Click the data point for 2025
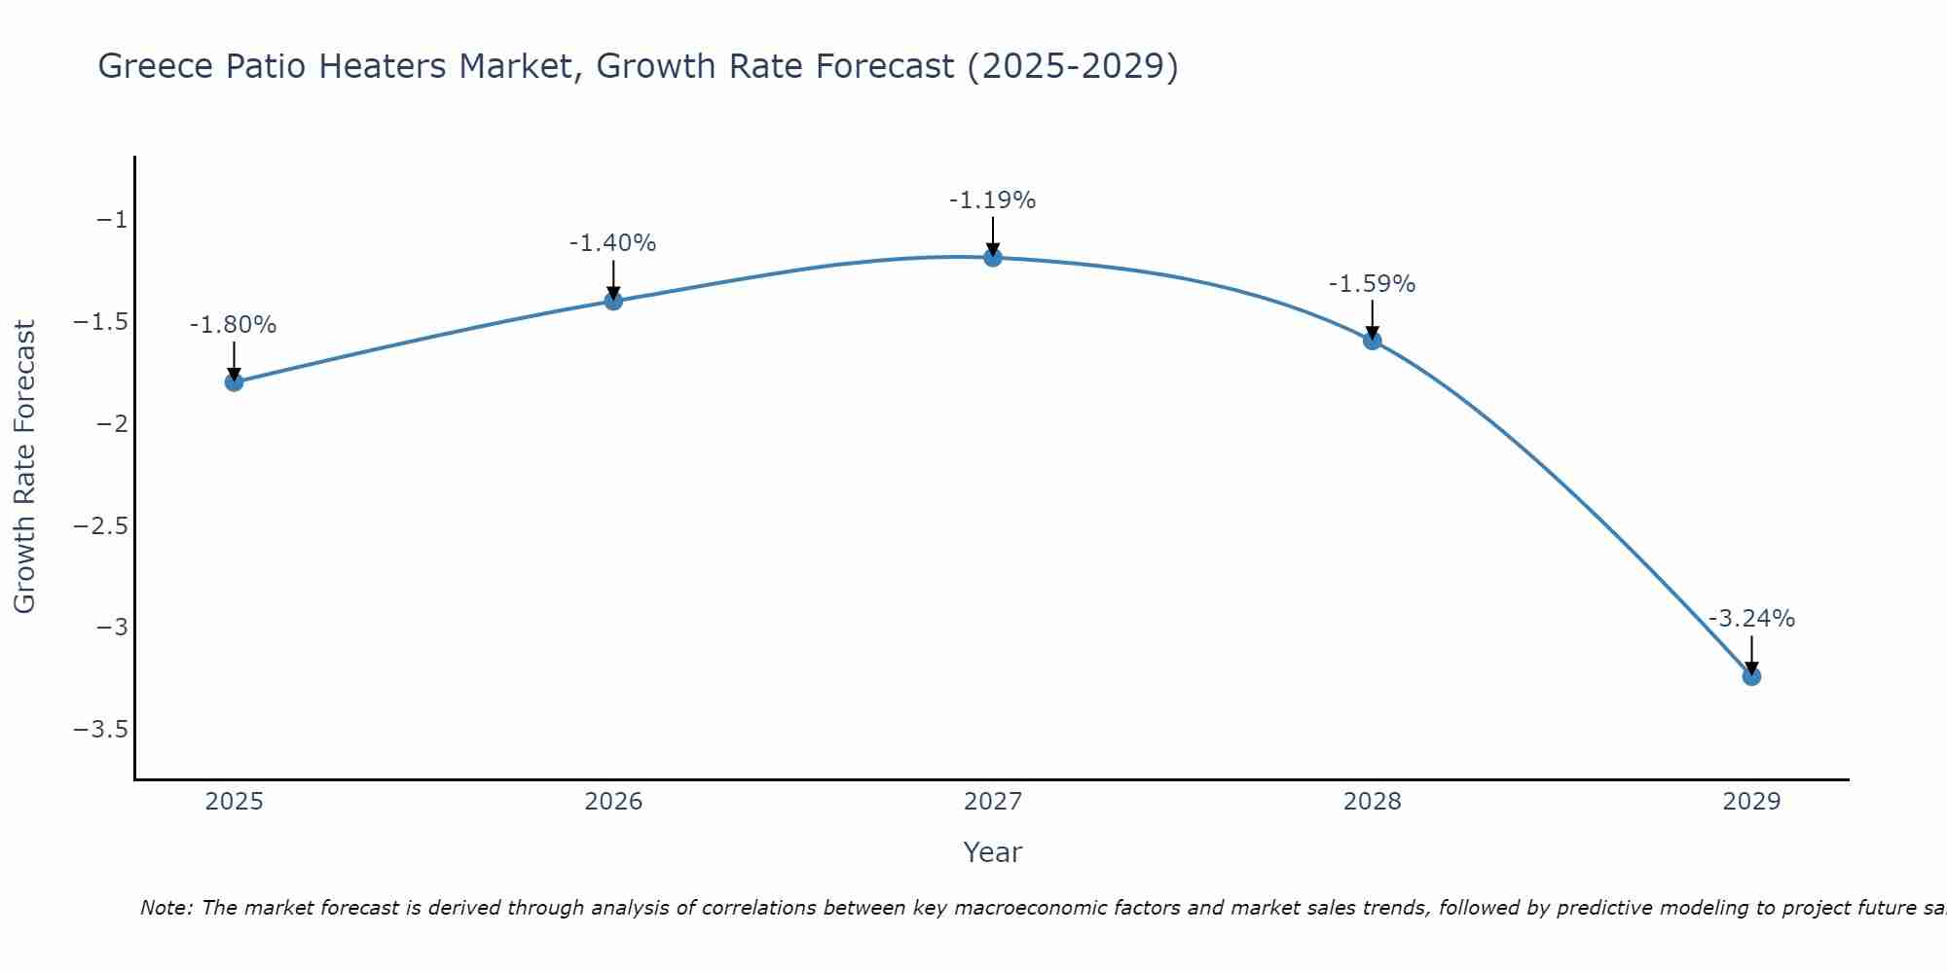click(x=234, y=381)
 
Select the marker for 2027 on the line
click(x=992, y=257)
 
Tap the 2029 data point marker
click(x=1751, y=676)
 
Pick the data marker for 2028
click(x=1372, y=341)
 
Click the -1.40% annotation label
click(x=612, y=243)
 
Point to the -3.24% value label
click(x=1751, y=619)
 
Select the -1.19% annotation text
click(x=992, y=200)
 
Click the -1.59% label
click(x=1372, y=284)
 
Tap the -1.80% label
click(x=233, y=325)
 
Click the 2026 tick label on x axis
click(x=613, y=802)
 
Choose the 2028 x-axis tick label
click(x=1372, y=802)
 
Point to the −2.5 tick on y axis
click(x=101, y=525)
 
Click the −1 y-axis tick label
click(x=112, y=220)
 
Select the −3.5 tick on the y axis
click(x=101, y=730)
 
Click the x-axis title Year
click(x=992, y=853)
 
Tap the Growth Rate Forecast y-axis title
click(x=25, y=467)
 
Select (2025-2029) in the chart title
click(x=1072, y=66)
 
